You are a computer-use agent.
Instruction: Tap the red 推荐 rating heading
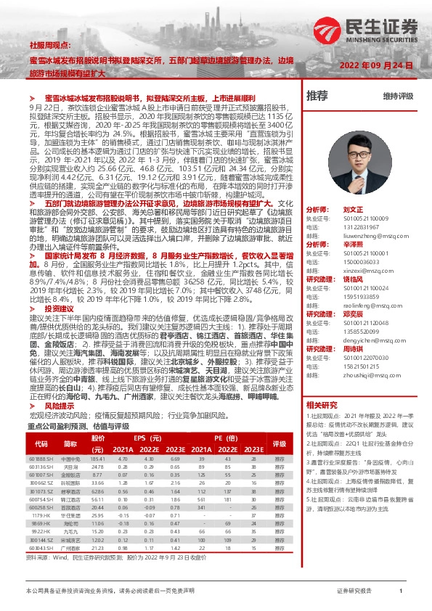point(317,95)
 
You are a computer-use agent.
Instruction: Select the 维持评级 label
point(397,96)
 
